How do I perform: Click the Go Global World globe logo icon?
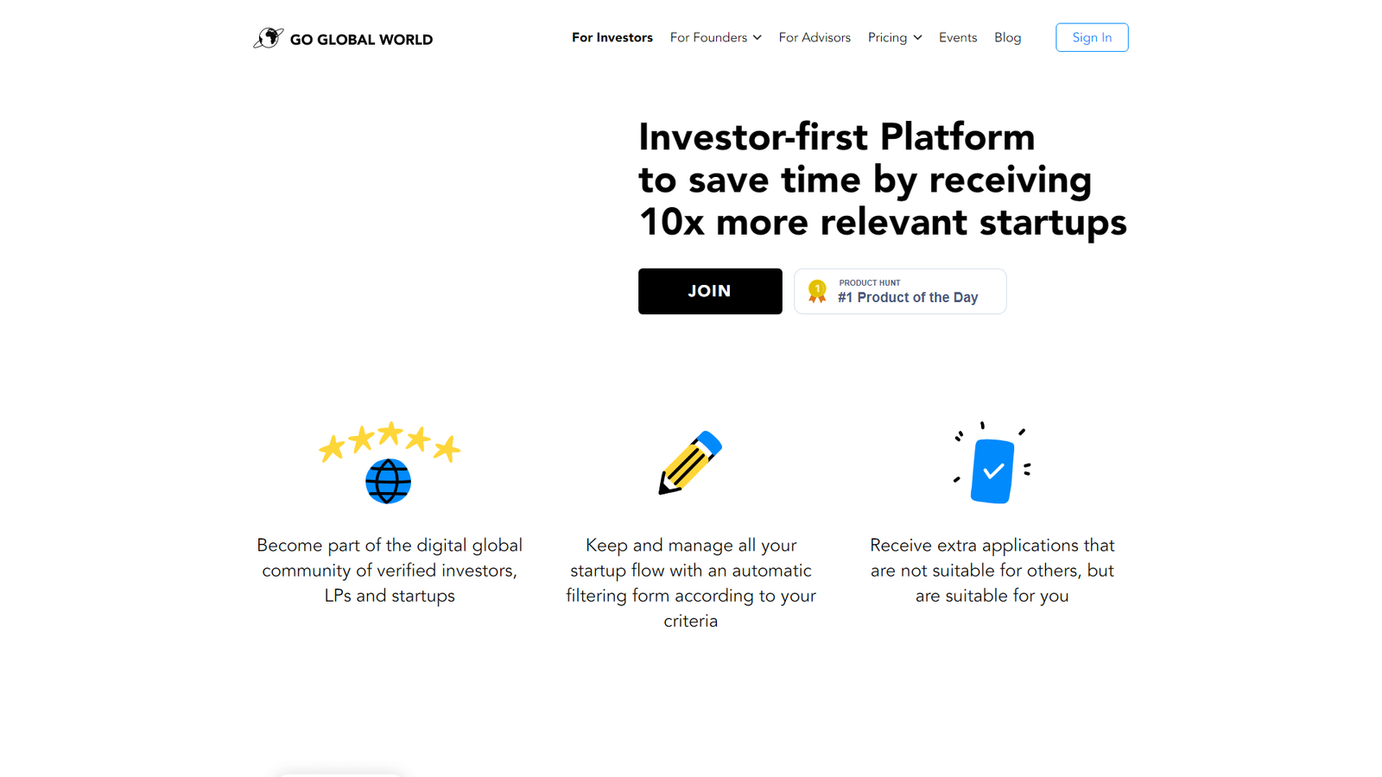pyautogui.click(x=269, y=38)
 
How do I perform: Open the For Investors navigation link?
pyautogui.click(x=612, y=38)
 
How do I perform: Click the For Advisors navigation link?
pyautogui.click(x=815, y=38)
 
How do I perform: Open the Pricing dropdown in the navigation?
pyautogui.click(x=895, y=38)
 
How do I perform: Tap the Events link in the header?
pyautogui.click(x=958, y=38)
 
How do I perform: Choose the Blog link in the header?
pyautogui.click(x=1007, y=38)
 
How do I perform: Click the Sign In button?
pyautogui.click(x=1092, y=37)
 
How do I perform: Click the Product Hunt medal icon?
pyautogui.click(x=817, y=291)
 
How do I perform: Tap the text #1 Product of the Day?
pyautogui.click(x=908, y=297)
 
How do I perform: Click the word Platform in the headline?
pyautogui.click(x=957, y=137)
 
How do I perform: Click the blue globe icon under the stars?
pyautogui.click(x=388, y=481)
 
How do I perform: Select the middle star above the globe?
pyautogui.click(x=390, y=433)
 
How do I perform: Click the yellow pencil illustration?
pyautogui.click(x=690, y=463)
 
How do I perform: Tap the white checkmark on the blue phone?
pyautogui.click(x=993, y=471)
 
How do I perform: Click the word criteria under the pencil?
pyautogui.click(x=690, y=621)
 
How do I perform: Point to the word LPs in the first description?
pyautogui.click(x=338, y=596)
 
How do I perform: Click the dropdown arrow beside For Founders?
pyautogui.click(x=757, y=38)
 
